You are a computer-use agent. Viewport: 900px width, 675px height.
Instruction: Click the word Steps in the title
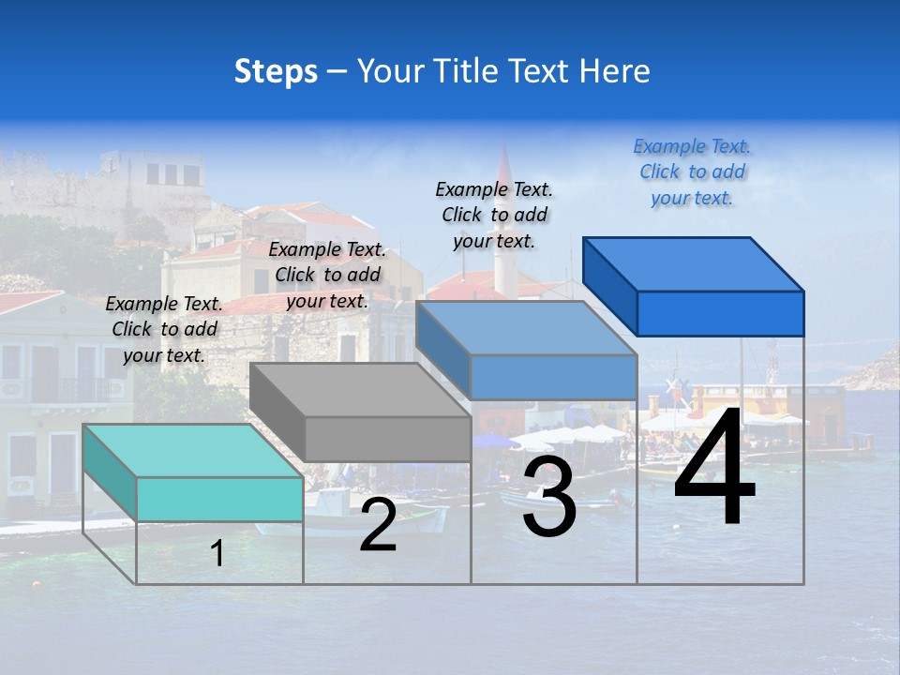point(276,71)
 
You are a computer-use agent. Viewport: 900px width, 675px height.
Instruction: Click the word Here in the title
point(614,71)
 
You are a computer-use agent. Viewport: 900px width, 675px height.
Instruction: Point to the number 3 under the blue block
point(549,496)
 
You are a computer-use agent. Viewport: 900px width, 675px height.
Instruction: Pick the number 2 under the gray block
point(378,525)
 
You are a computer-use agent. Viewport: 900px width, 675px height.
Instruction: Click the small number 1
point(217,553)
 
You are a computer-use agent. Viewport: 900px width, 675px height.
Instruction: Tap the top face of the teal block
point(192,450)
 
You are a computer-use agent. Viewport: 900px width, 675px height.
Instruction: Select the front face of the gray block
point(388,439)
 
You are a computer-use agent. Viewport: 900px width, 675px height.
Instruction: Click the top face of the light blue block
point(525,328)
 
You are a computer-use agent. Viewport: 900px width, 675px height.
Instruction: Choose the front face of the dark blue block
point(720,312)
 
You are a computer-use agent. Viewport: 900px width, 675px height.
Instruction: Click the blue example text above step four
point(692,172)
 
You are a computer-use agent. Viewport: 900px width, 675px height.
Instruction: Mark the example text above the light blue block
point(494,215)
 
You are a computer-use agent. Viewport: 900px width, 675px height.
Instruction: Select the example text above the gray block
point(327,275)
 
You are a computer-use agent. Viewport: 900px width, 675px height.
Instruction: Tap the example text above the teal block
point(164,329)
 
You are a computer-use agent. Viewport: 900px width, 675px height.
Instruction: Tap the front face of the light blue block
point(553,377)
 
